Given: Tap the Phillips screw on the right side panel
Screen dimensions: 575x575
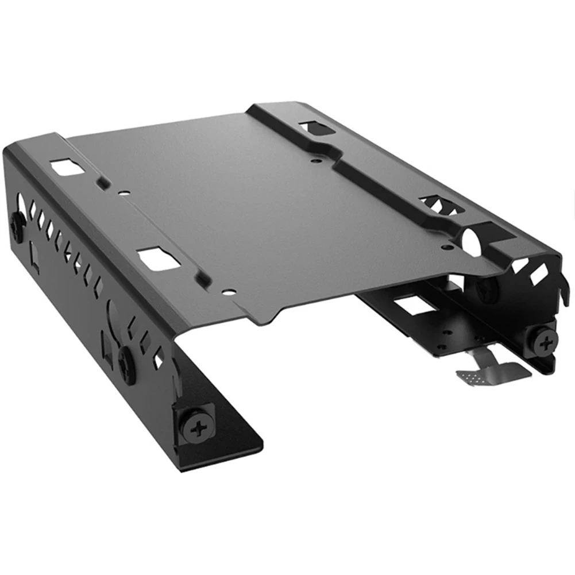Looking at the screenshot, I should [x=542, y=344].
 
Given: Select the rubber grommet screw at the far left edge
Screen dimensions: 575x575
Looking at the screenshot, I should [x=17, y=226].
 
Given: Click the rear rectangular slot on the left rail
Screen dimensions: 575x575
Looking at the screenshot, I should [x=64, y=168].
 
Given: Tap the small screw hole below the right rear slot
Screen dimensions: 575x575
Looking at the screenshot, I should [x=314, y=160].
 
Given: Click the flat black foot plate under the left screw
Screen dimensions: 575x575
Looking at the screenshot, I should [x=230, y=442].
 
